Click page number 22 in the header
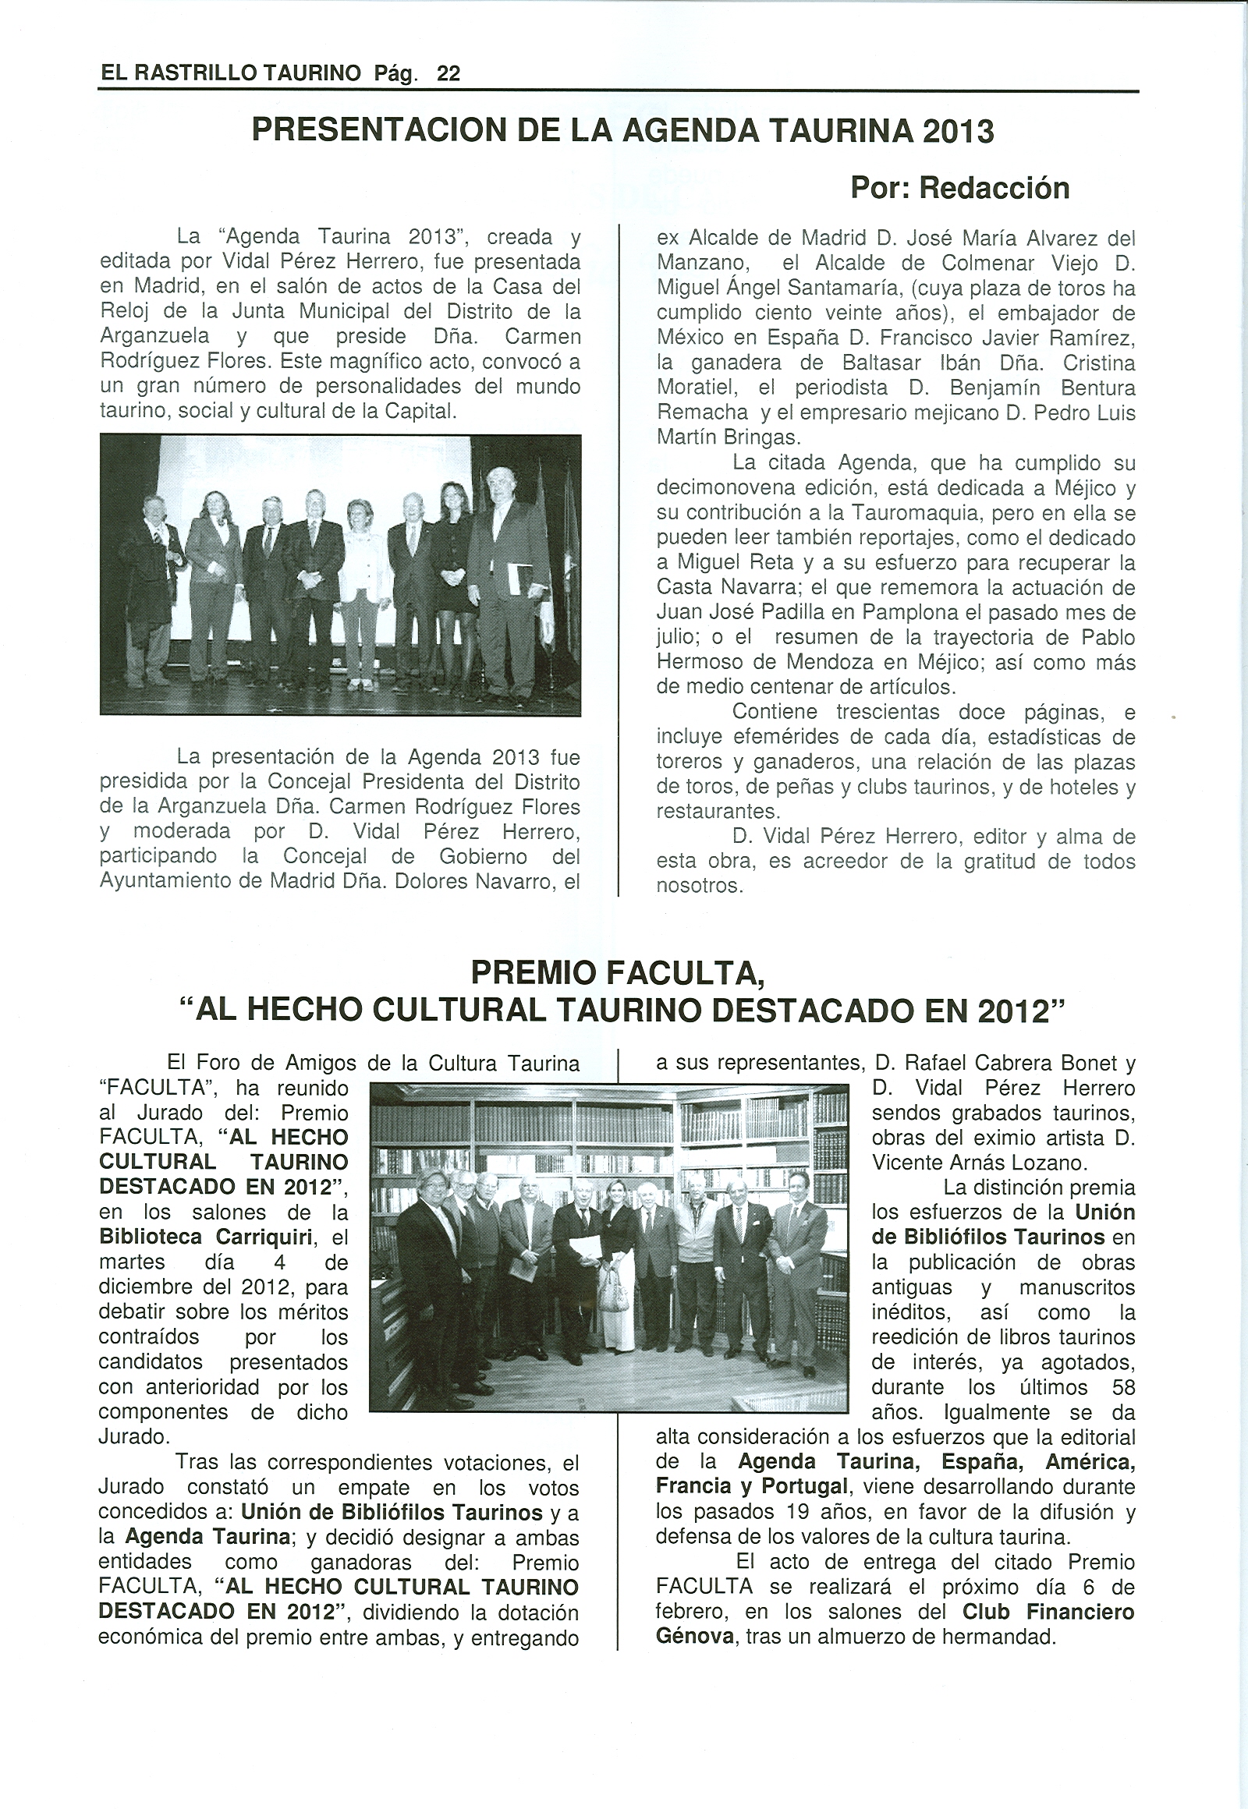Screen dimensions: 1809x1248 (x=448, y=73)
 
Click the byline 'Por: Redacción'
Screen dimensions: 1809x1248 (x=959, y=189)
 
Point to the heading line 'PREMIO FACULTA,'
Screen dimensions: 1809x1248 (x=618, y=973)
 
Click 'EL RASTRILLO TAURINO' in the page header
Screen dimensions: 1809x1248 (x=232, y=73)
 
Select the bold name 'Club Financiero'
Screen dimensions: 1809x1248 (x=1048, y=1611)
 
